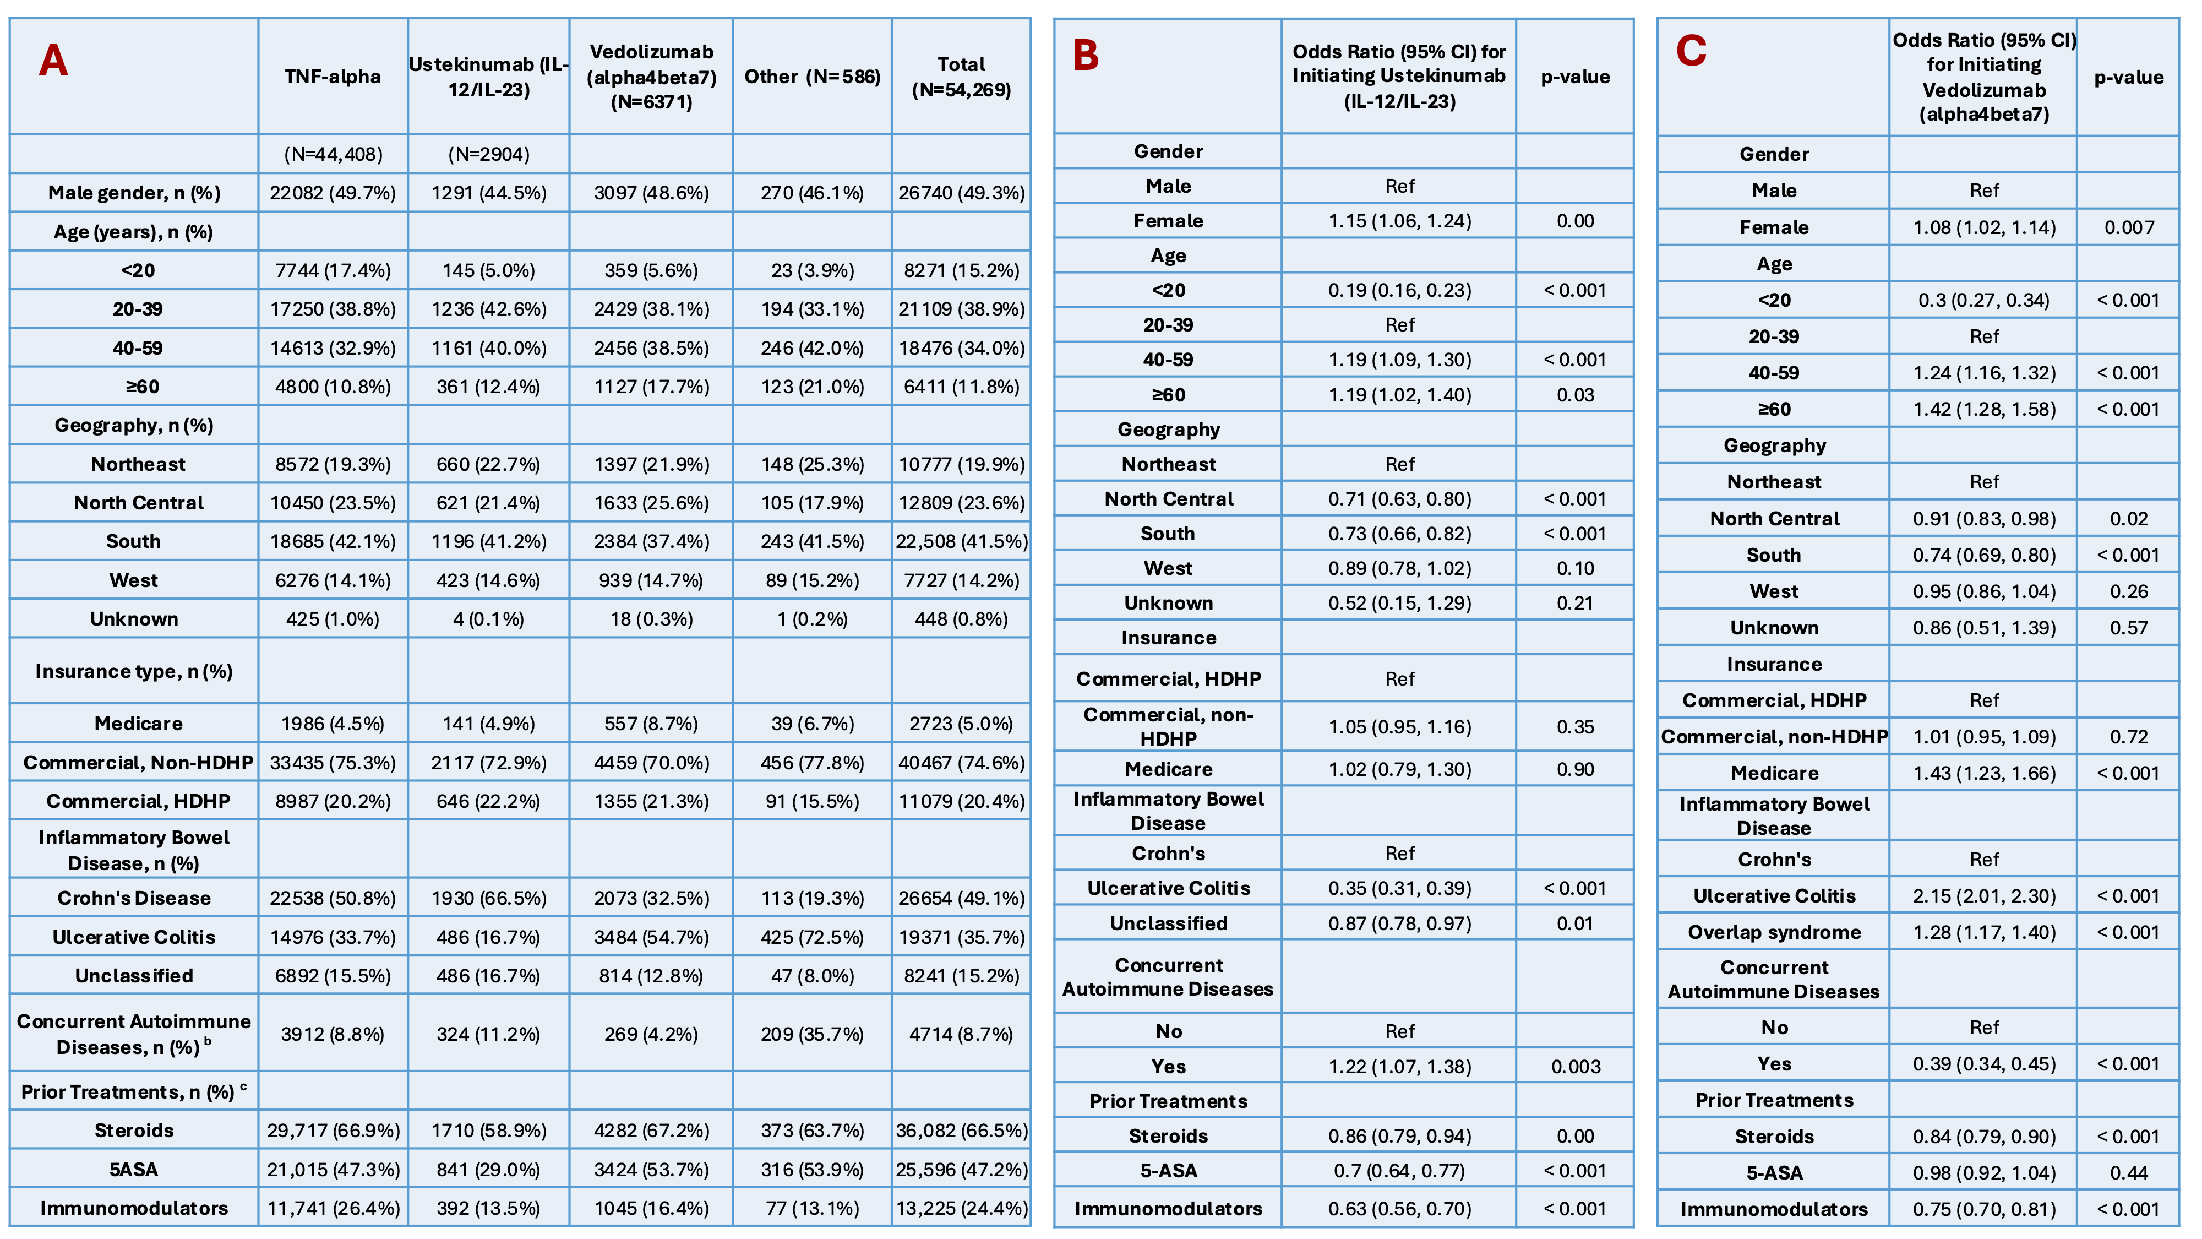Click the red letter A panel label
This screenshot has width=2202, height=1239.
[53, 60]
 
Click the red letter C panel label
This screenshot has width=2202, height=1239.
[1691, 51]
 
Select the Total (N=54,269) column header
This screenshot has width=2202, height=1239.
[962, 77]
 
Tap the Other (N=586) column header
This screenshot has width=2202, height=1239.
[812, 77]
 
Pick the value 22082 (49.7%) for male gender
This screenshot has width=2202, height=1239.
[333, 193]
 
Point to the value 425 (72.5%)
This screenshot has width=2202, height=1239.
[812, 937]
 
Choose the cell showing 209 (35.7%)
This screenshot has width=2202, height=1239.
[812, 1035]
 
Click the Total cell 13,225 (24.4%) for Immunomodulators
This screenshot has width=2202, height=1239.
[962, 1208]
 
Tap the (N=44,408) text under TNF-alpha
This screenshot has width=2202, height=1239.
[333, 155]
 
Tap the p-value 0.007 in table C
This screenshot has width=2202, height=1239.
[2128, 227]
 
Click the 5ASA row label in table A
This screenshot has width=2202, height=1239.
[133, 1170]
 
